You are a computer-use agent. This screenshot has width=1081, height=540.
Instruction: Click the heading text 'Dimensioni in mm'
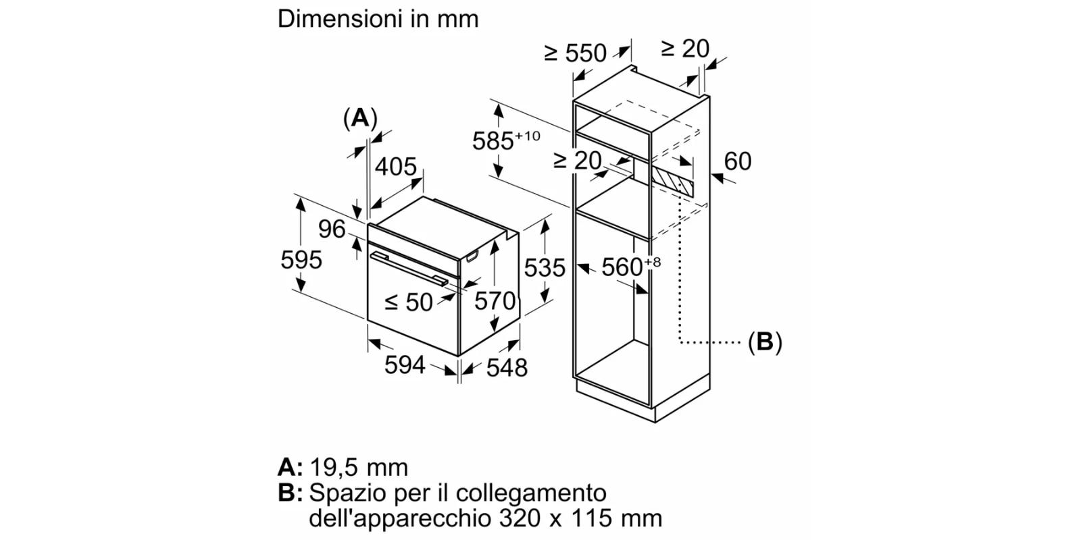pyautogui.click(x=378, y=19)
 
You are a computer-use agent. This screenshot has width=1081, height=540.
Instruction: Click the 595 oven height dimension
pyautogui.click(x=301, y=260)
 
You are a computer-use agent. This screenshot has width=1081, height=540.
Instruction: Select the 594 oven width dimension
pyautogui.click(x=405, y=365)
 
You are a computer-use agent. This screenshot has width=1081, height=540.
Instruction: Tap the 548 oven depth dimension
pyautogui.click(x=507, y=367)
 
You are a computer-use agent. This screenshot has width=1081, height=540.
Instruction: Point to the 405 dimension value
pyautogui.click(x=396, y=167)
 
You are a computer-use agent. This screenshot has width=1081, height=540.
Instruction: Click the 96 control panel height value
pyautogui.click(x=332, y=230)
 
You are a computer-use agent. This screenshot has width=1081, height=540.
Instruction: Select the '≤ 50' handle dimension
pyautogui.click(x=409, y=302)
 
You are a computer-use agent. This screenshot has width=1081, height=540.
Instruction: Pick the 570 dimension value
pyautogui.click(x=495, y=300)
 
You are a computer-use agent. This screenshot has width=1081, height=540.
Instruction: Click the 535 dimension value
pyautogui.click(x=545, y=268)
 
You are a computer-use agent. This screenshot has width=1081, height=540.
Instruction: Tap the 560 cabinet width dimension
pyautogui.click(x=623, y=267)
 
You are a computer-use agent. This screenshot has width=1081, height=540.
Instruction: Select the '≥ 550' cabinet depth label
pyautogui.click(x=576, y=53)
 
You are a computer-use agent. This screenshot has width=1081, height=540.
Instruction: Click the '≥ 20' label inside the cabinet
pyautogui.click(x=577, y=161)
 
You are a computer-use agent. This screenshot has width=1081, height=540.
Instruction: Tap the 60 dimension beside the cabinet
pyautogui.click(x=737, y=161)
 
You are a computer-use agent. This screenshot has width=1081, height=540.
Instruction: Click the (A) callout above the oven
pyautogui.click(x=360, y=118)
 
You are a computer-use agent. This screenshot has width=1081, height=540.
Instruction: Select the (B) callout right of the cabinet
pyautogui.click(x=765, y=342)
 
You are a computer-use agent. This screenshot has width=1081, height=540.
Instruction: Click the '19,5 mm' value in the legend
pyautogui.click(x=359, y=467)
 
